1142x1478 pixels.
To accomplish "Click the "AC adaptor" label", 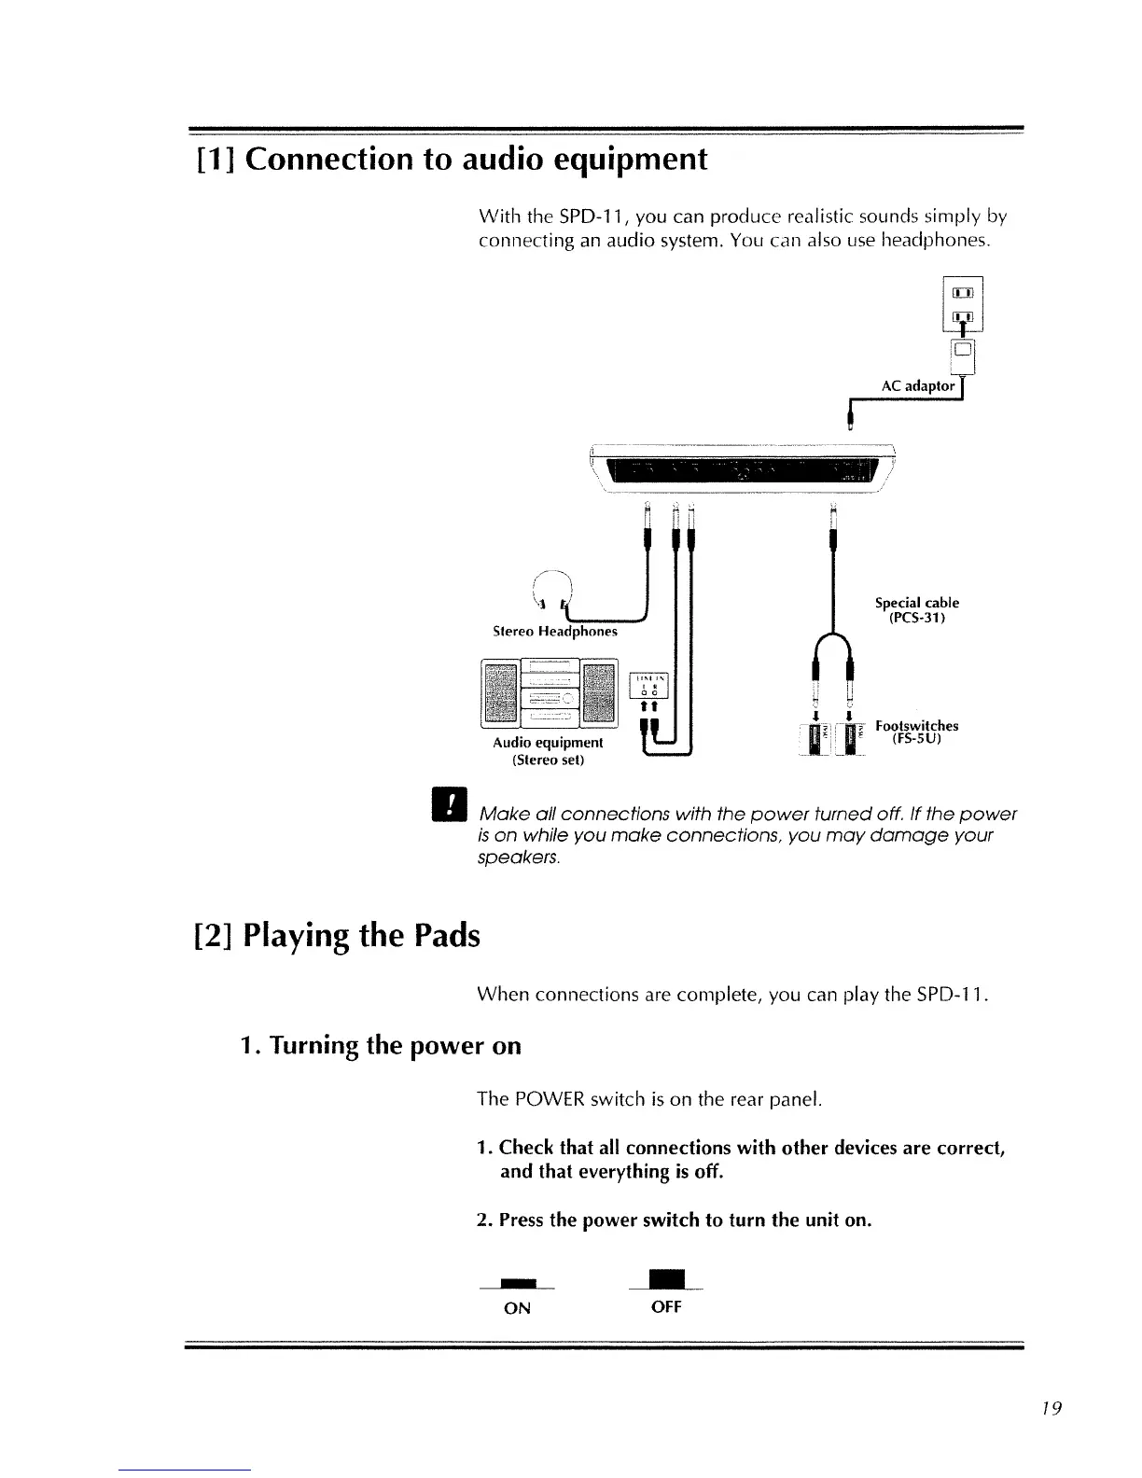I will (918, 385).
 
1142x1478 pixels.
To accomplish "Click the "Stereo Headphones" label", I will (554, 631).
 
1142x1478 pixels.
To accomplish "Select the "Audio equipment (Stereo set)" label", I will (548, 751).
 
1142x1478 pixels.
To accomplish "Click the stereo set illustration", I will (549, 692).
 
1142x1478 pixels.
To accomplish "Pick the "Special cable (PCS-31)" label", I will (916, 610).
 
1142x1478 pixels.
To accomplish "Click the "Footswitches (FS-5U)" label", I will (916, 732).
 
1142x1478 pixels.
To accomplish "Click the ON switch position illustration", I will (517, 1282).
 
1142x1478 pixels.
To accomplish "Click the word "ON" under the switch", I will (517, 1308).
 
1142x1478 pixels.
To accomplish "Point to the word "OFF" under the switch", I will (666, 1307).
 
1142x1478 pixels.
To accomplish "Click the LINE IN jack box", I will (651, 684).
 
